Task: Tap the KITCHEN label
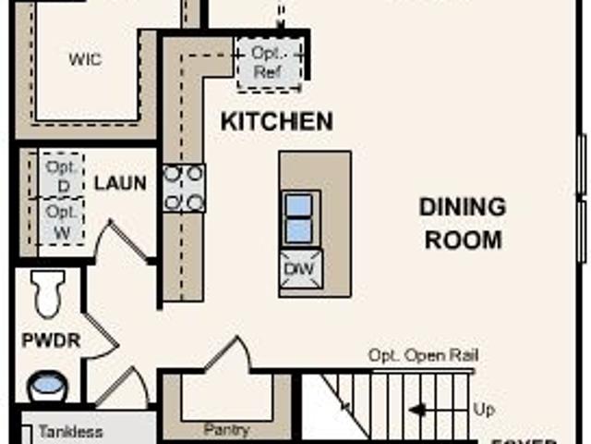pyautogui.click(x=276, y=121)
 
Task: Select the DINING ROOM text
pyautogui.click(x=462, y=223)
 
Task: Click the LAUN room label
pyautogui.click(x=120, y=183)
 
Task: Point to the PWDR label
pyautogui.click(x=51, y=340)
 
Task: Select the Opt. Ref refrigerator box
pyautogui.click(x=269, y=63)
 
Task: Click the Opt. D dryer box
pyautogui.click(x=61, y=175)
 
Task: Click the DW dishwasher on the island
pyautogui.click(x=301, y=268)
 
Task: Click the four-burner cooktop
pyautogui.click(x=184, y=188)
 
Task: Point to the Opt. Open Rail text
pyautogui.click(x=423, y=356)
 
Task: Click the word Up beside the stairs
pyautogui.click(x=483, y=408)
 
